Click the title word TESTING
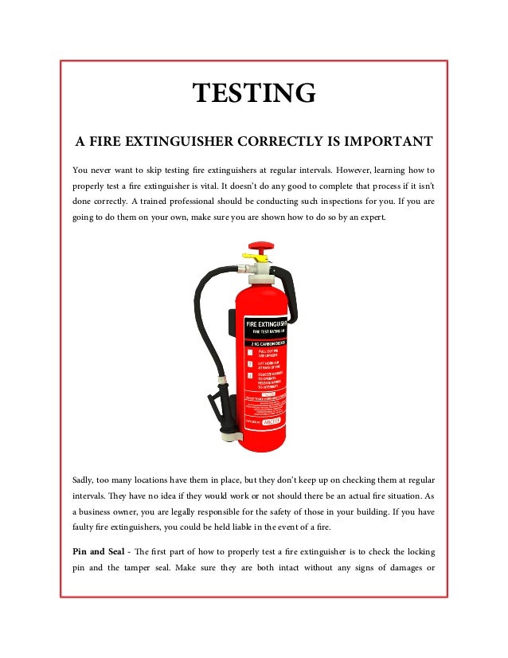point(254,93)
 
